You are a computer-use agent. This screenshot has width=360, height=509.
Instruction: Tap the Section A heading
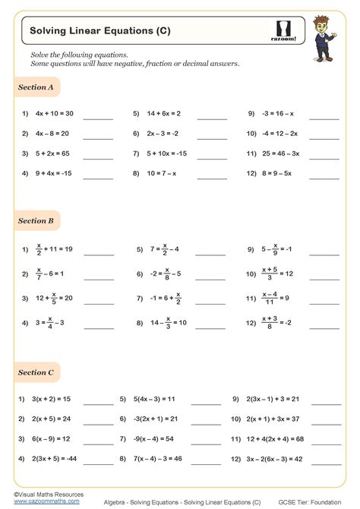click(x=36, y=88)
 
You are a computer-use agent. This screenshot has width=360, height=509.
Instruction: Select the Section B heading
click(x=36, y=221)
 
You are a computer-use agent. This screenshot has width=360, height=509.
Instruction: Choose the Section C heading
click(x=36, y=373)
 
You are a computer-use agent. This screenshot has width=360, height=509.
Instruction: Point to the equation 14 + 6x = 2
click(x=163, y=114)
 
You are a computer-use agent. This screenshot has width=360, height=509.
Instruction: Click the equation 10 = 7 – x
click(x=163, y=172)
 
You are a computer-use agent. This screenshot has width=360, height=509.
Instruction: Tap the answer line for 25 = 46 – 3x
click(x=324, y=156)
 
